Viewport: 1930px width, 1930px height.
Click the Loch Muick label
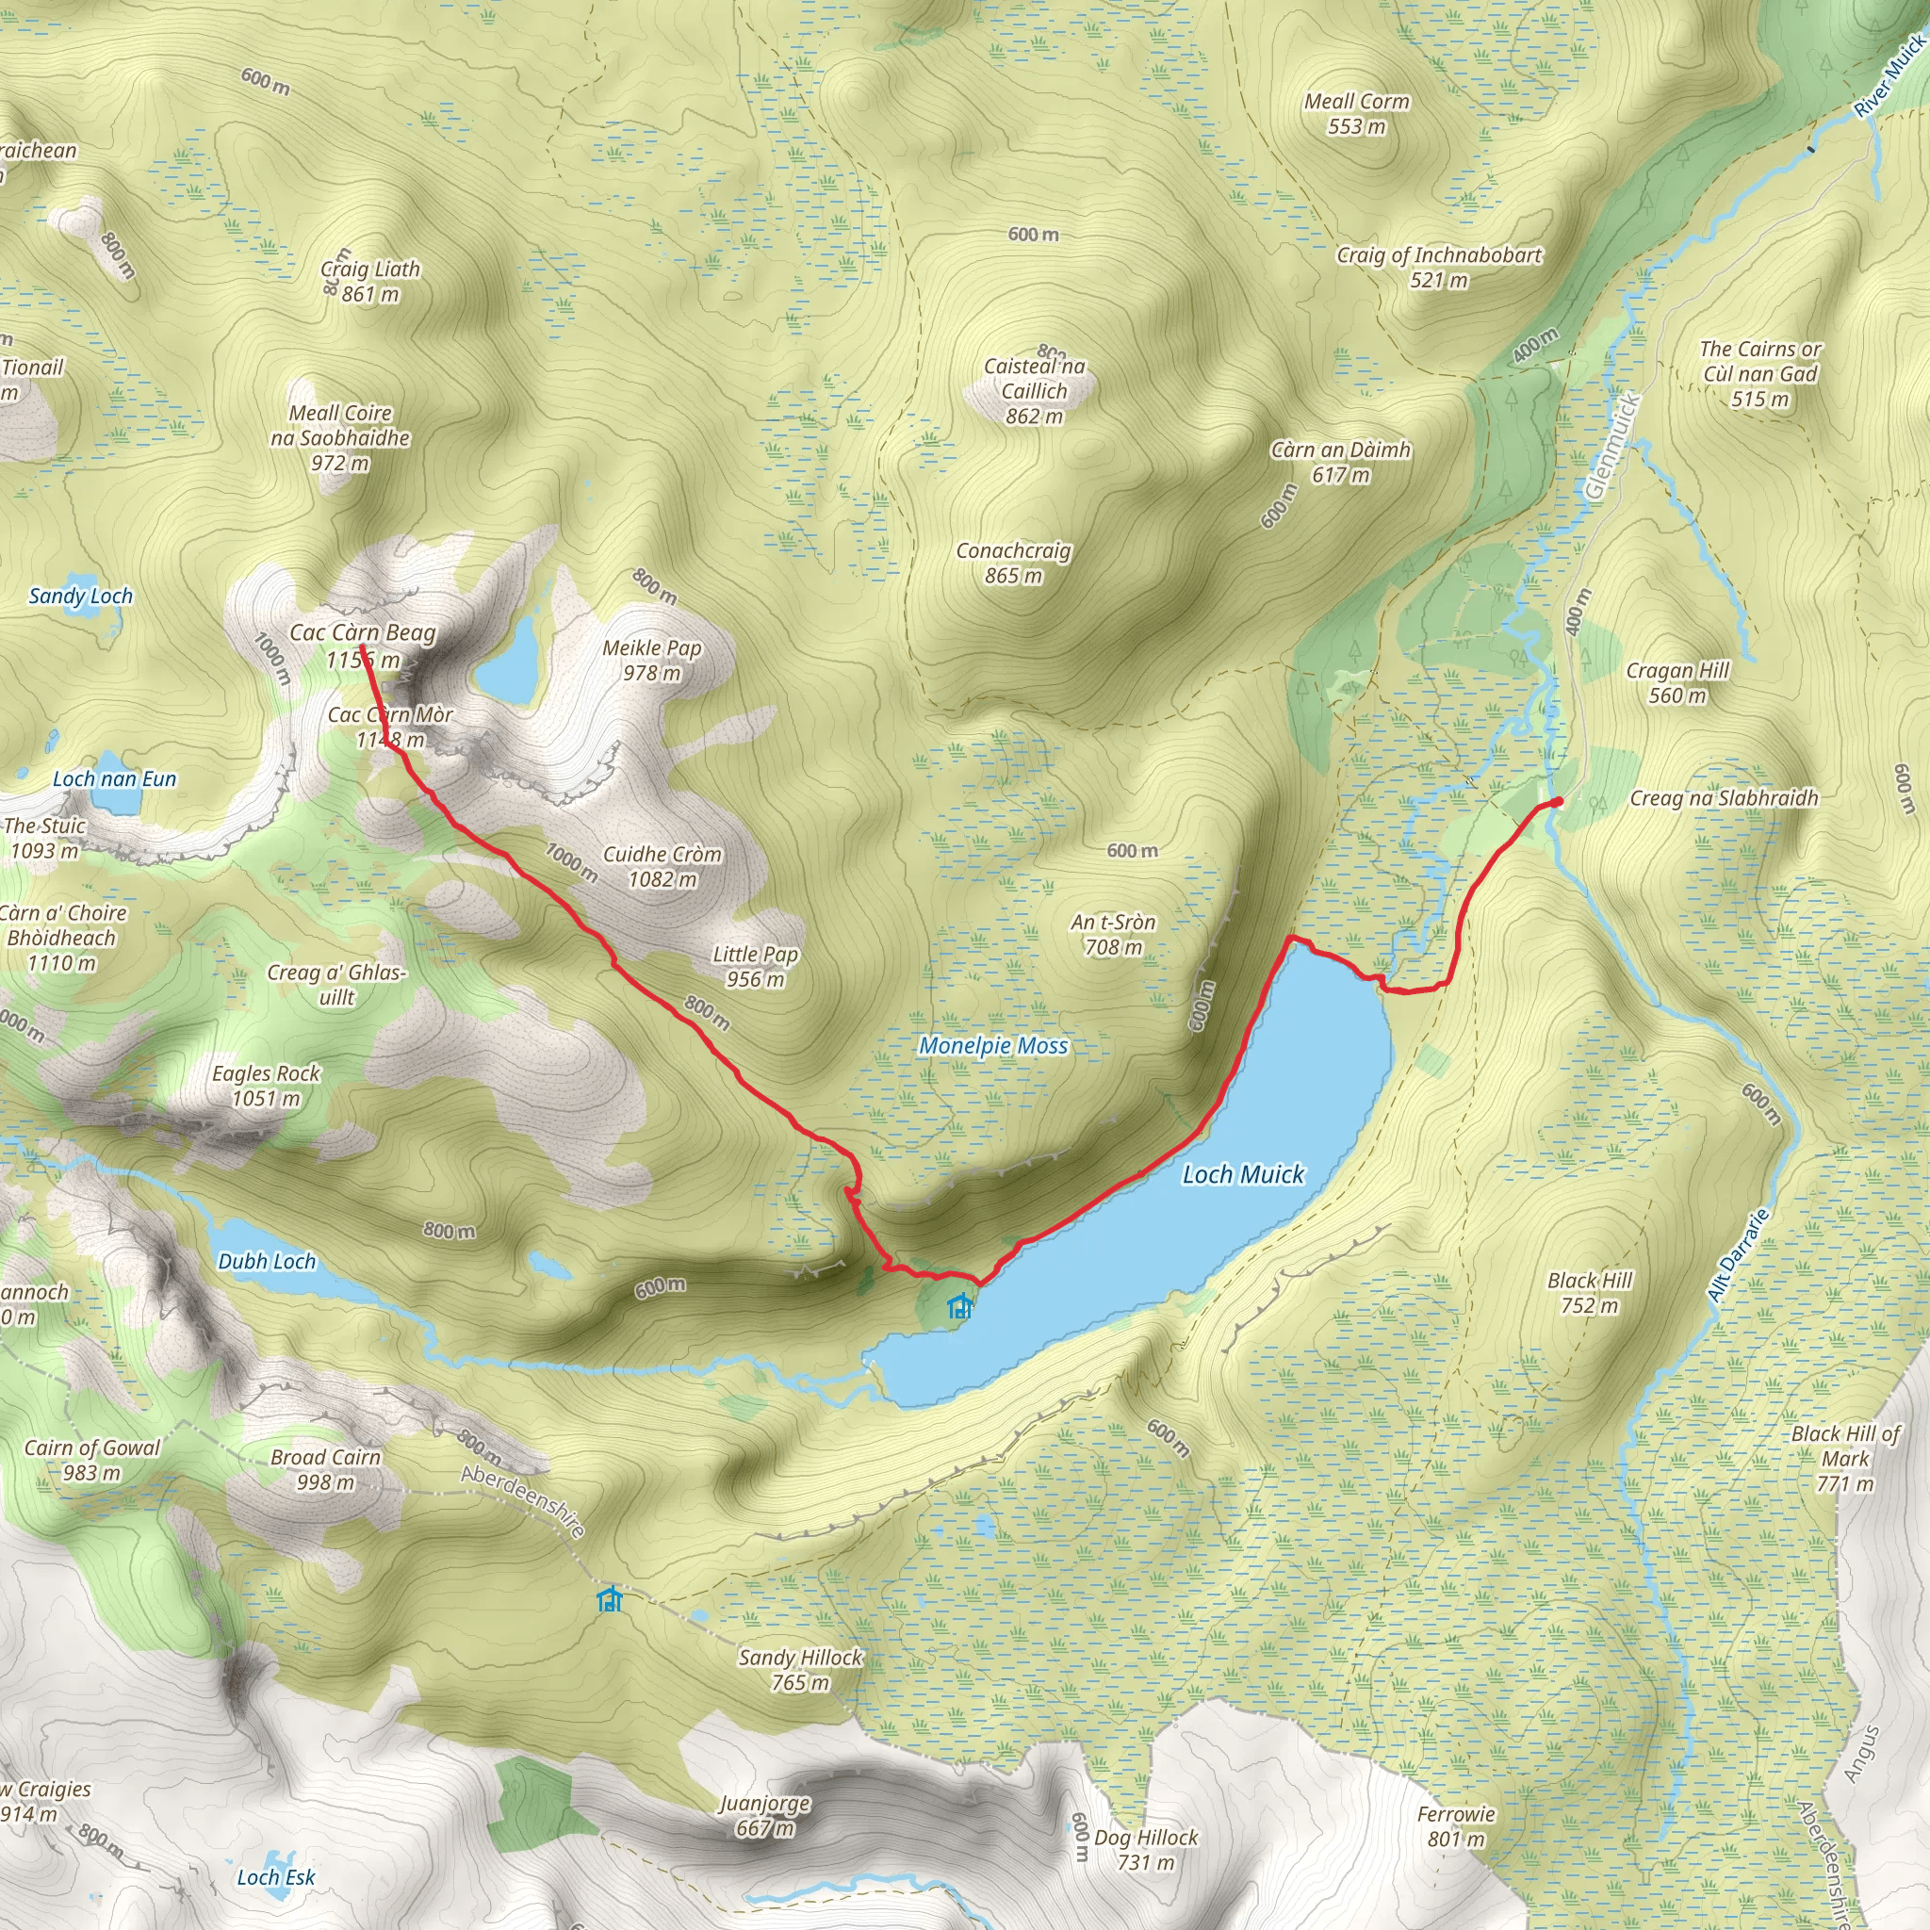[1243, 1175]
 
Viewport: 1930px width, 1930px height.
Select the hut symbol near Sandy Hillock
[610, 1599]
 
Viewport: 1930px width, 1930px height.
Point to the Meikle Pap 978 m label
[652, 661]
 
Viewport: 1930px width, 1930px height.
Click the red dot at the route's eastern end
[1558, 801]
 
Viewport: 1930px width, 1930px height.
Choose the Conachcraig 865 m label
[1013, 563]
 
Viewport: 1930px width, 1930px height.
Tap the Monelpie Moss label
[993, 1046]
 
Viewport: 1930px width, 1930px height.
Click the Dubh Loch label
[267, 1262]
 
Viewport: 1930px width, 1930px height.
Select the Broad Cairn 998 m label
[326, 1469]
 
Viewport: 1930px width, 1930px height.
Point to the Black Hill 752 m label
[1590, 1293]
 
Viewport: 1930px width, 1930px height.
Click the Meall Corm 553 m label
[1357, 113]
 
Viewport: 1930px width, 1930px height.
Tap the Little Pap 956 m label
[755, 966]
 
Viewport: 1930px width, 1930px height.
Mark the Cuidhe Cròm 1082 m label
[662, 866]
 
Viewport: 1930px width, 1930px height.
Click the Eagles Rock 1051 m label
[266, 1086]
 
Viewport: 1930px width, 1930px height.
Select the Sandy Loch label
[80, 597]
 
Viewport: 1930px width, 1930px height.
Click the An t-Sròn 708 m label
[1113, 934]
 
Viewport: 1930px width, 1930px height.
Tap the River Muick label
[1889, 76]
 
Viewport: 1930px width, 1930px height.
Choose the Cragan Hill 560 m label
[1677, 682]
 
